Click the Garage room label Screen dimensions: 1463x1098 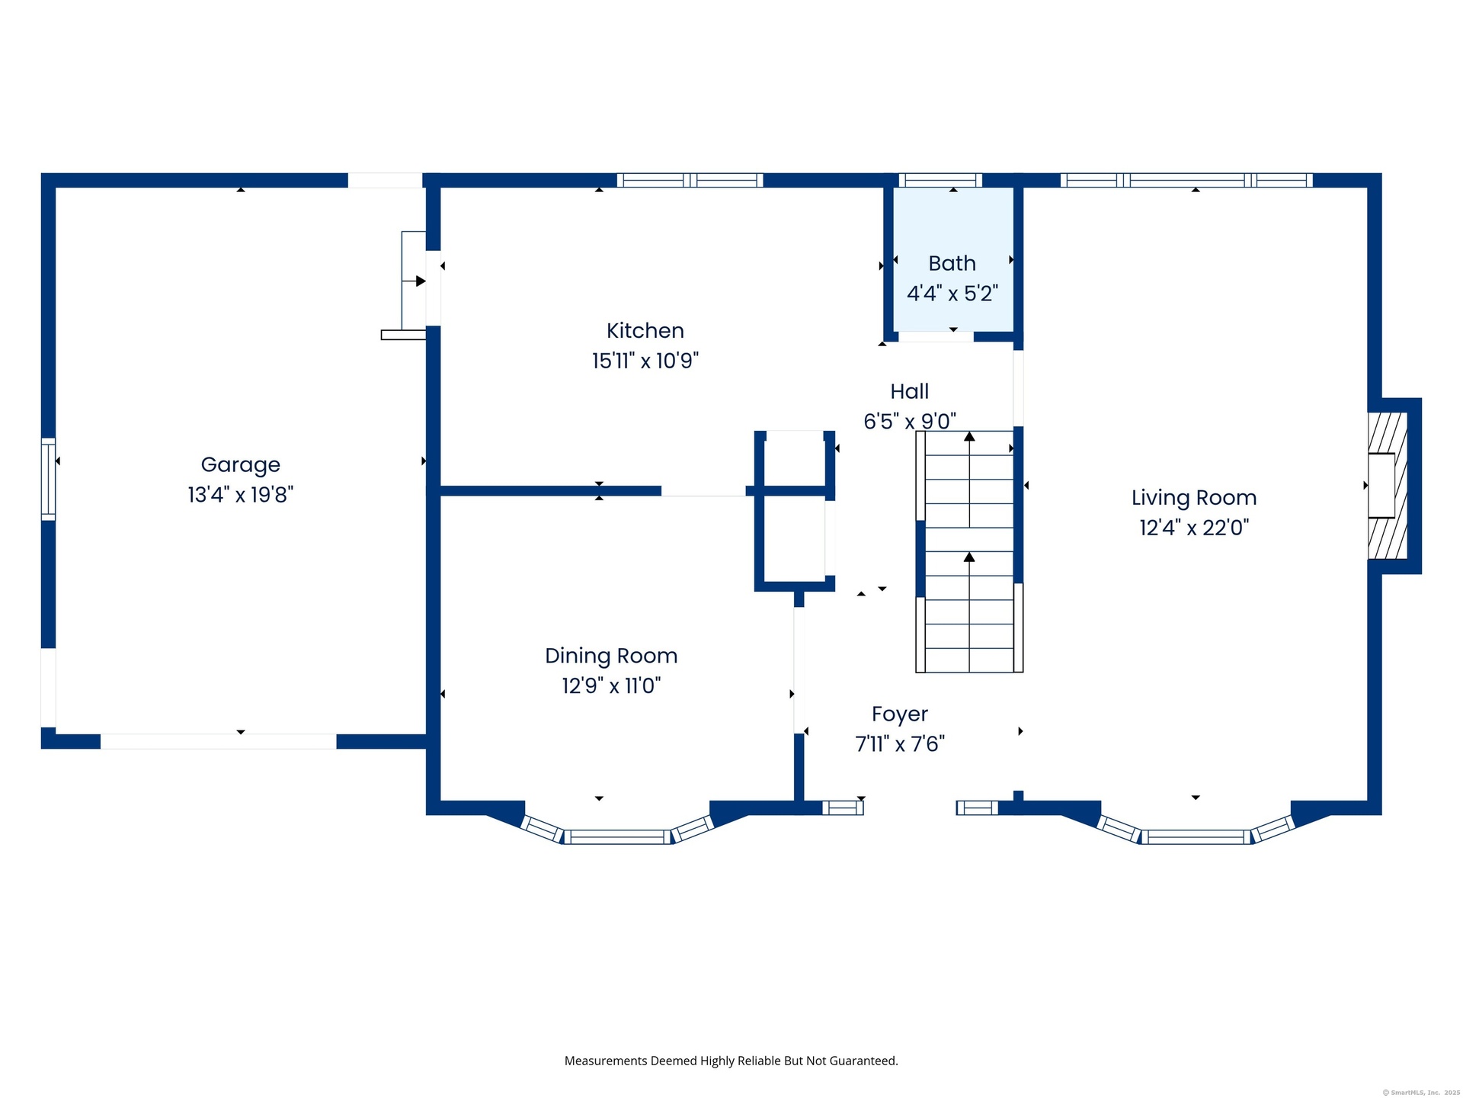pos(240,465)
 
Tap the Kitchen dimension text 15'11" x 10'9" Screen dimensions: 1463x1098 pos(645,361)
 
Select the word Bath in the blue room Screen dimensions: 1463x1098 pos(952,263)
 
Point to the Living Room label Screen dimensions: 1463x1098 pos(1193,498)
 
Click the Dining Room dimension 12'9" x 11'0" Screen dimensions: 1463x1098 pos(611,685)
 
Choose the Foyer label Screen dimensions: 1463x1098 pos(900,714)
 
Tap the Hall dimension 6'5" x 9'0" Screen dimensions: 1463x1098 pos(910,421)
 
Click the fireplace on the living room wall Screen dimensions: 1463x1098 pos(1388,486)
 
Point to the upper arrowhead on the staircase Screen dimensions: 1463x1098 pos(969,437)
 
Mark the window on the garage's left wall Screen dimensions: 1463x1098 pos(48,480)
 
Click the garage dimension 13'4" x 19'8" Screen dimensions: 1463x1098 pos(240,495)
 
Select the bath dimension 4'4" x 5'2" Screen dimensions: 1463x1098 pos(952,294)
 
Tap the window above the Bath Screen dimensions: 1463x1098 pos(940,181)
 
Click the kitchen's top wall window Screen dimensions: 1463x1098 pos(690,181)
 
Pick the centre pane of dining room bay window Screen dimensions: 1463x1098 pos(617,837)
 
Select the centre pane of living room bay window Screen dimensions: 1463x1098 pos(1196,837)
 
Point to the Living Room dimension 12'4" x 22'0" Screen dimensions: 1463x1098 pos(1193,528)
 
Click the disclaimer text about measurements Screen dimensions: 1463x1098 pos(731,1061)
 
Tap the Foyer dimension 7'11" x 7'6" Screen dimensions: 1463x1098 pos(900,744)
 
